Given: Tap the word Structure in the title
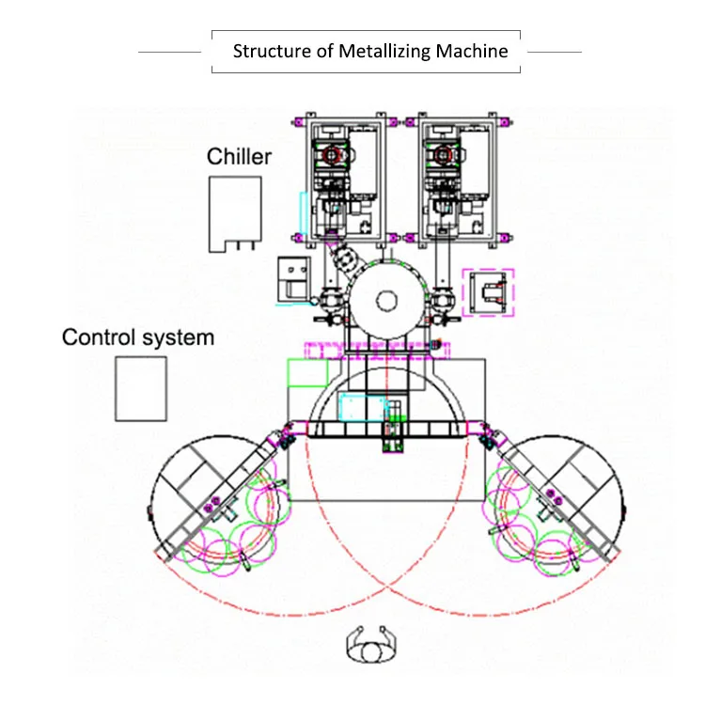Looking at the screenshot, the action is click(x=272, y=52).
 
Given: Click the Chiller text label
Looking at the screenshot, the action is click(x=239, y=156).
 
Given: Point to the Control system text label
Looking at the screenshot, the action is click(x=138, y=337).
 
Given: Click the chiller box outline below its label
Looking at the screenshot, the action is click(x=210, y=213).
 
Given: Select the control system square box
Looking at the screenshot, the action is click(x=116, y=389).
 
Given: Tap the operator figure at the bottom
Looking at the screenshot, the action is click(x=371, y=646).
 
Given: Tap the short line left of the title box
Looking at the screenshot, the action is click(x=169, y=52).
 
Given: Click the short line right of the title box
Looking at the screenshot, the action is click(x=555, y=52).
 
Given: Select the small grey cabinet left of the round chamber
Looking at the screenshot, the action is click(x=294, y=279).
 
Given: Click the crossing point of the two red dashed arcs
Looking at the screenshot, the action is click(x=386, y=586).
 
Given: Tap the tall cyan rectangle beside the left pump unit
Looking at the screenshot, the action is click(x=304, y=213).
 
